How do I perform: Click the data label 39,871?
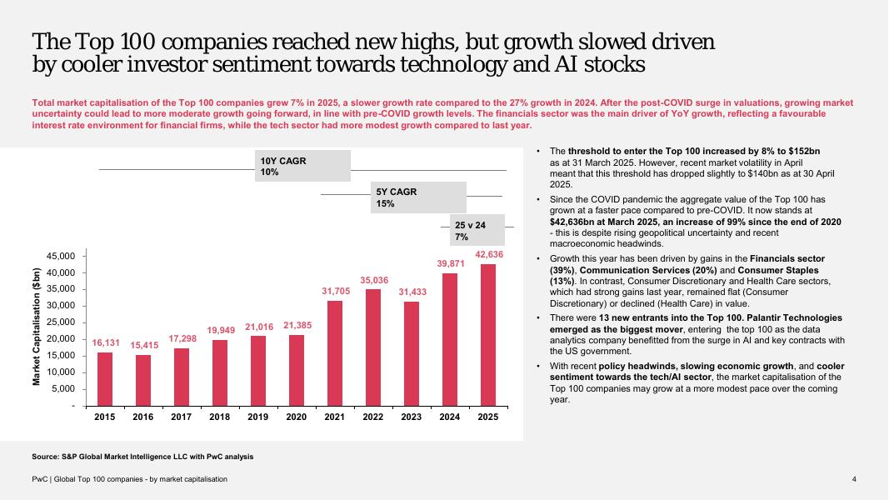(x=450, y=263)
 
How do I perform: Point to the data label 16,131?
(x=106, y=342)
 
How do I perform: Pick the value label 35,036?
(x=374, y=280)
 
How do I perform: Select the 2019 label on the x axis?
(x=258, y=417)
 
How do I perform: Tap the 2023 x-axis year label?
(x=412, y=417)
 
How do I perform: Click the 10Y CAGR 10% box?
(x=302, y=166)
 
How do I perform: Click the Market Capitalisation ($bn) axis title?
(x=37, y=327)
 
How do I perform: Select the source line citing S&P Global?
(x=142, y=457)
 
